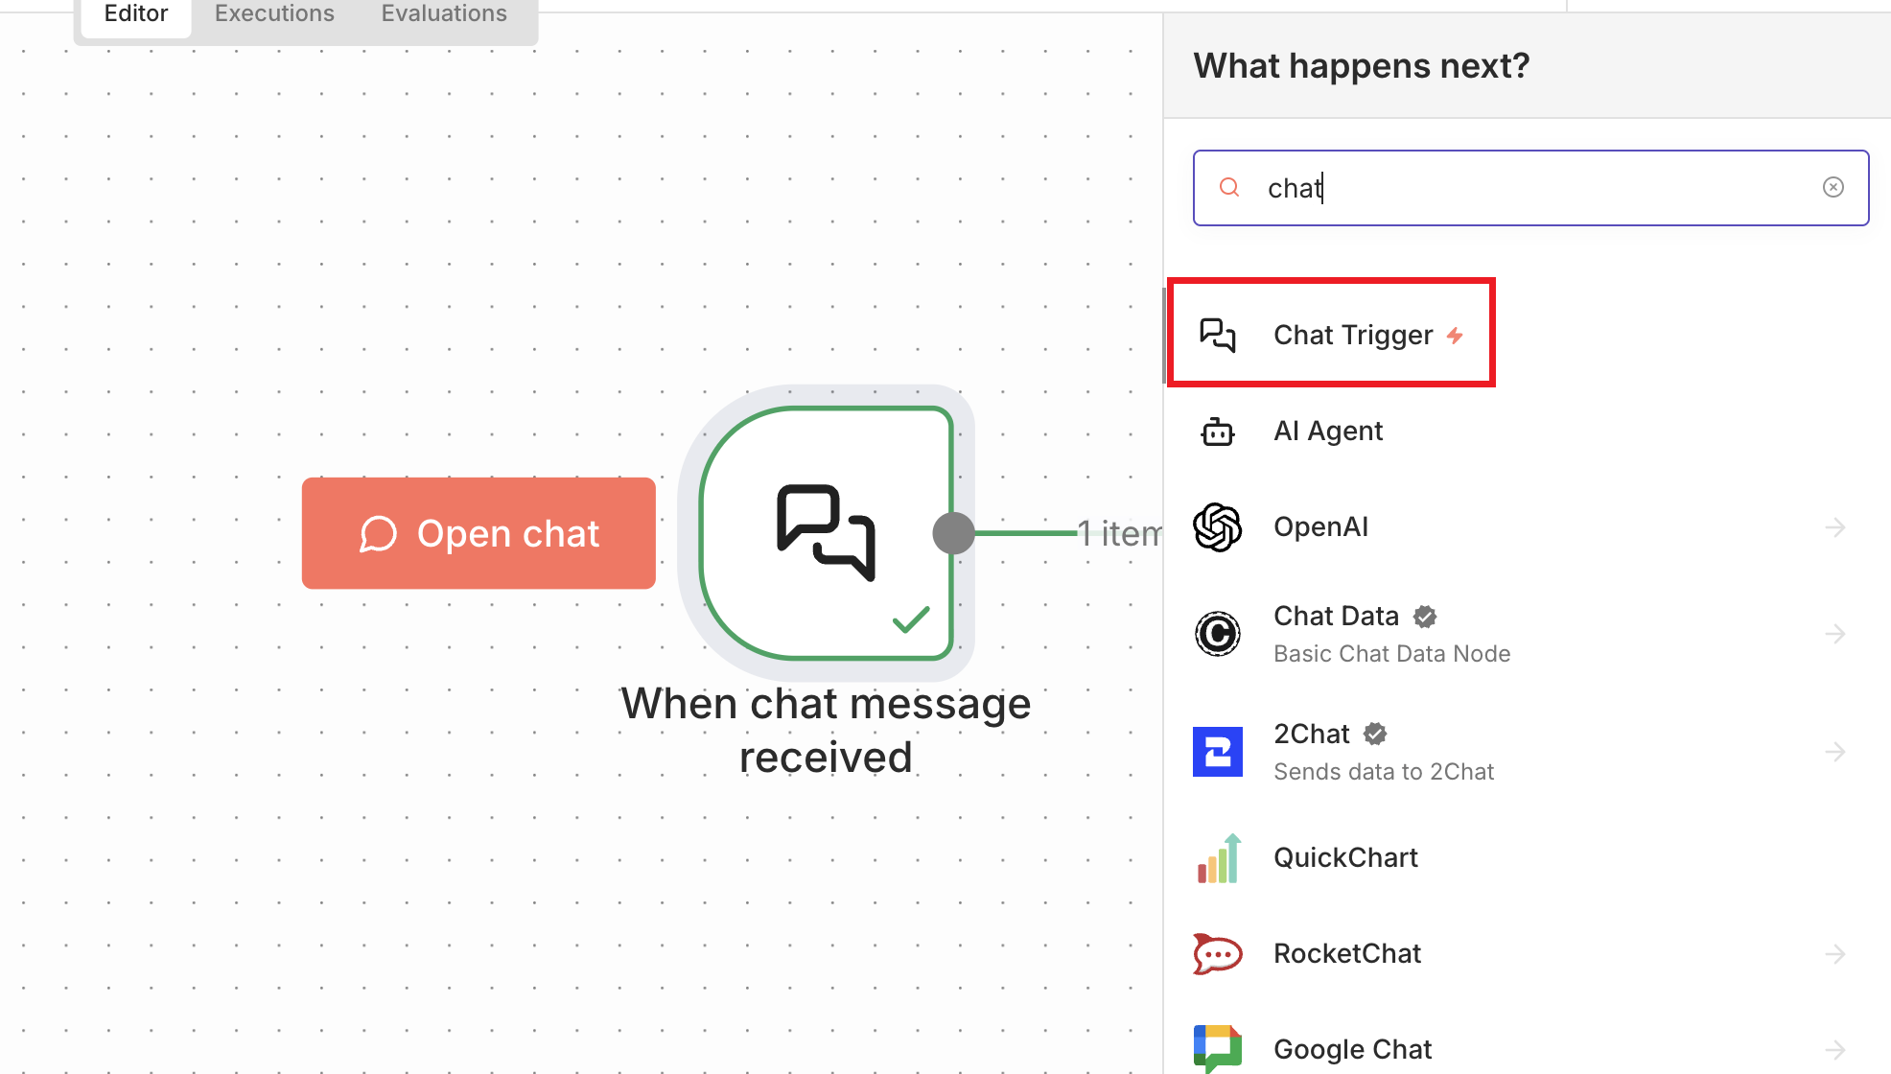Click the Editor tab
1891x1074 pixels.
pyautogui.click(x=135, y=13)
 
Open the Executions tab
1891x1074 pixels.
pyautogui.click(x=274, y=13)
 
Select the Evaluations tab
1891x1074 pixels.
pyautogui.click(x=444, y=13)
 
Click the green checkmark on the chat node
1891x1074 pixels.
pyautogui.click(x=910, y=619)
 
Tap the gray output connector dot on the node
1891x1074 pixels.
pyautogui.click(x=953, y=533)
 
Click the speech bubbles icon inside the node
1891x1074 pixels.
pyautogui.click(x=826, y=532)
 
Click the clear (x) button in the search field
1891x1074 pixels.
pyautogui.click(x=1833, y=187)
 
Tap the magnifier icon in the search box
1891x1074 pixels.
pyautogui.click(x=1228, y=187)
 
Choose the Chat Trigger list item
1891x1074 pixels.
pyautogui.click(x=1352, y=335)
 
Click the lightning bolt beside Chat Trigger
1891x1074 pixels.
pyautogui.click(x=1455, y=335)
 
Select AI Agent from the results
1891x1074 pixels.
pyautogui.click(x=1327, y=431)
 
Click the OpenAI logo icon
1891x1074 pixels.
pyautogui.click(x=1217, y=526)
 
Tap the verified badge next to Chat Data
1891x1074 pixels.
pyautogui.click(x=1425, y=617)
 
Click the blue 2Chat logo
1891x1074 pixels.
pyautogui.click(x=1217, y=751)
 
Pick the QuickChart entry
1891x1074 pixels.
pyautogui.click(x=1344, y=857)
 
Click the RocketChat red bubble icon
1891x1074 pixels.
pyautogui.click(x=1217, y=953)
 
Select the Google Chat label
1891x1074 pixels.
pyautogui.click(x=1352, y=1049)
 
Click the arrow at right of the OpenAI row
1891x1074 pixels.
pyautogui.click(x=1834, y=526)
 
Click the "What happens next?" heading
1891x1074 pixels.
pyautogui.click(x=1361, y=66)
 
